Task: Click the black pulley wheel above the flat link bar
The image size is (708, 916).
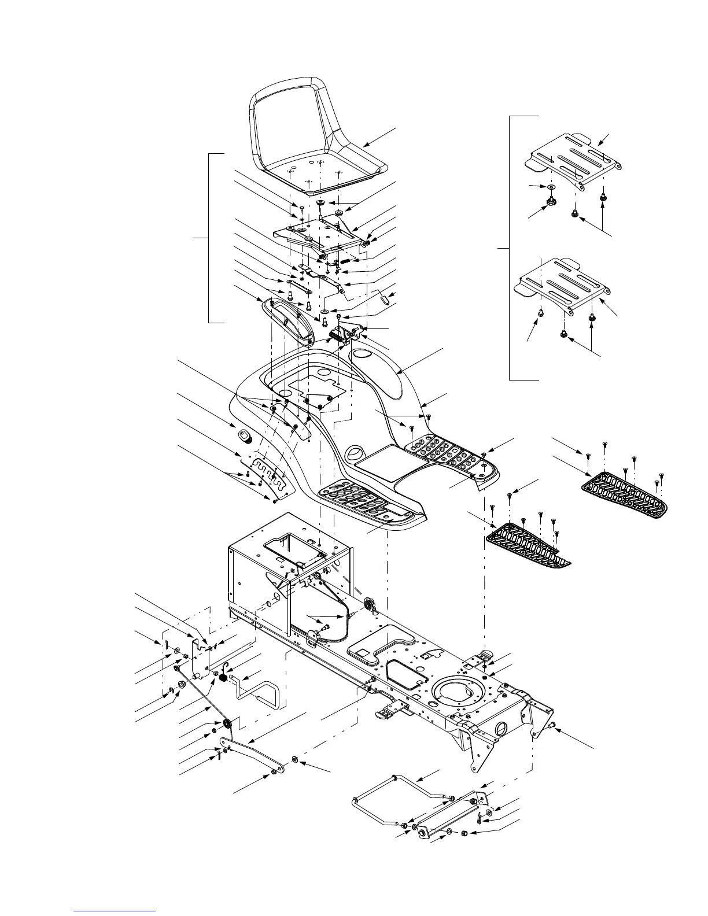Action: (x=227, y=723)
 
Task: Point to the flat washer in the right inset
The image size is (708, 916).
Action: (x=550, y=187)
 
